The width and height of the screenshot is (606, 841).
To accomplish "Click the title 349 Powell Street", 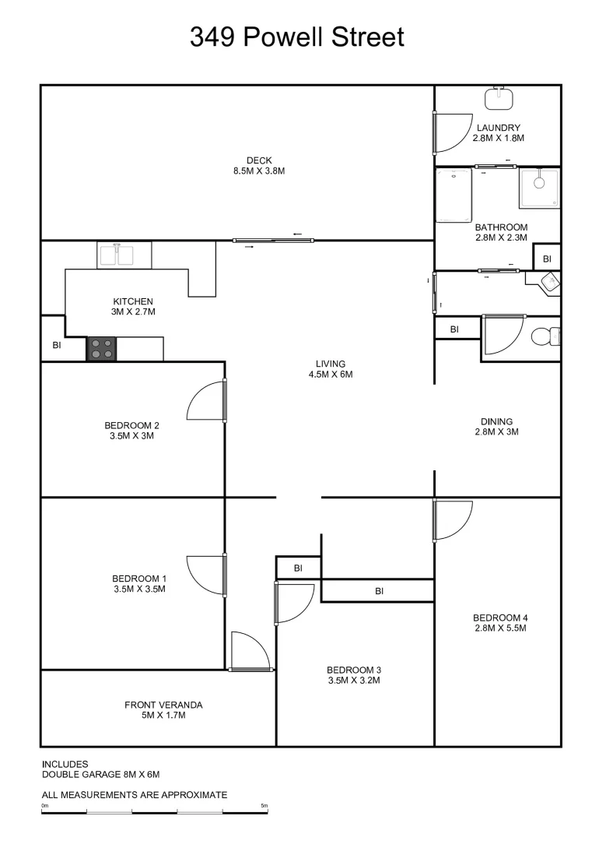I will tap(297, 37).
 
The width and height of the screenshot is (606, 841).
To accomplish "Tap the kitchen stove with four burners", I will tap(101, 349).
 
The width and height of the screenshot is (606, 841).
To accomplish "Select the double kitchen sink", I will tap(124, 255).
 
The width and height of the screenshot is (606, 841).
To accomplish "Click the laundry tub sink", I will tap(498, 98).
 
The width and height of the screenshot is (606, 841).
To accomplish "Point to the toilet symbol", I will tap(545, 337).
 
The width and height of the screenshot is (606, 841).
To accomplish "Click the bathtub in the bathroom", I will tap(454, 196).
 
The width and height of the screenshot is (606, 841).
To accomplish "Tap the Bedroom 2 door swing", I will tap(207, 401).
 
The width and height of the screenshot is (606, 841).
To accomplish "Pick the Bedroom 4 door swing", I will tap(453, 520).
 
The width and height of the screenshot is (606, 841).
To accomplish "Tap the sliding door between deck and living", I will tap(273, 241).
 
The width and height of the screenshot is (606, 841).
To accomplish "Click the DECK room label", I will tap(259, 160).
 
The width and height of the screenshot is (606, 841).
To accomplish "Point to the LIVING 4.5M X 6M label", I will tap(330, 369).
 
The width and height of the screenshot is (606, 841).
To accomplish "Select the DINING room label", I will tap(497, 427).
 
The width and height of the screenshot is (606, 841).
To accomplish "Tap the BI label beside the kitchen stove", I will tap(56, 345).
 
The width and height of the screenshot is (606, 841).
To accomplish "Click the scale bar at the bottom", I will tap(155, 812).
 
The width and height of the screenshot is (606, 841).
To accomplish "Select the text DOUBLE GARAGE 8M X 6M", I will tap(100, 775).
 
